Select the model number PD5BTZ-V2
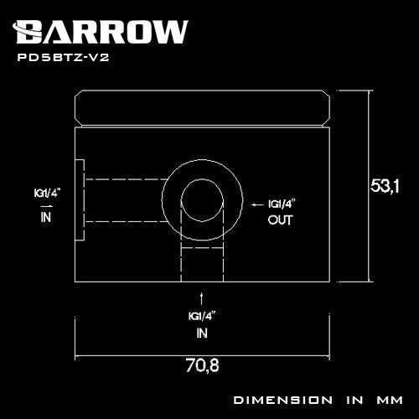62,59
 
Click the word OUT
280,220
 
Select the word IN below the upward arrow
201,332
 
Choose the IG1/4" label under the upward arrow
201,316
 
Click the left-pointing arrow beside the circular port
256,204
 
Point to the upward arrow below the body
201,297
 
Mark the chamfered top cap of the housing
201,106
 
